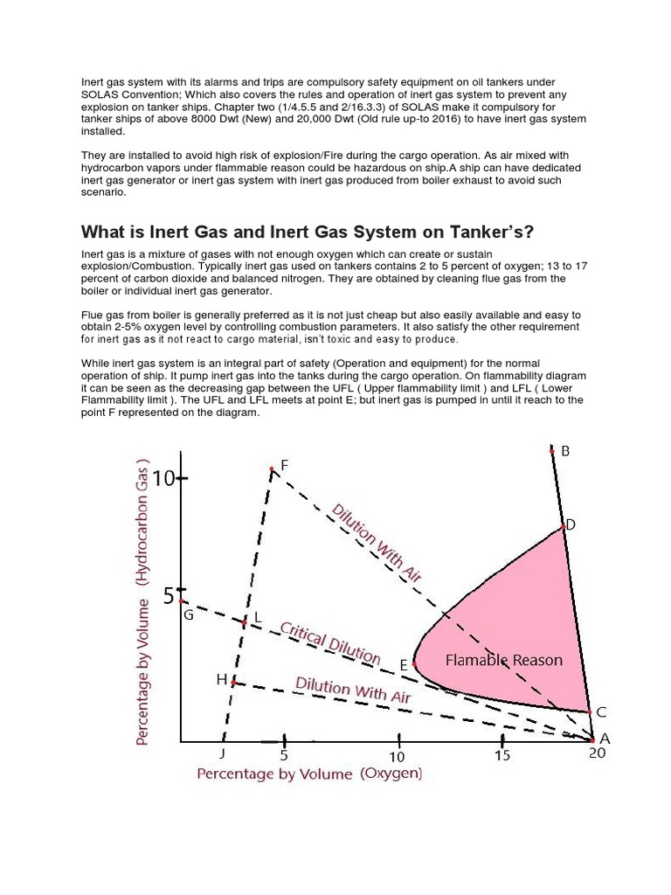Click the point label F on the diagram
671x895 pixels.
(284, 467)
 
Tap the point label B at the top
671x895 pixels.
(565, 451)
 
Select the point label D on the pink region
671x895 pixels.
(571, 524)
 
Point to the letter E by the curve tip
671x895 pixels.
(404, 665)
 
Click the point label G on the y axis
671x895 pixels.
(187, 614)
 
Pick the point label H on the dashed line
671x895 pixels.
(221, 679)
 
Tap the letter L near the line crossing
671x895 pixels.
(257, 618)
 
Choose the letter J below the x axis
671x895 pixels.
(222, 753)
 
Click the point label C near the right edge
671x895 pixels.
(601, 711)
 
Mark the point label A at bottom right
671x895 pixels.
(604, 739)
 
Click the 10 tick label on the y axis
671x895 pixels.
(165, 478)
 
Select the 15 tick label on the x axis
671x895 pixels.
(502, 755)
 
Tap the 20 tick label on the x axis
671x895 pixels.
(597, 754)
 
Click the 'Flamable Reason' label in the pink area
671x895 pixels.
(504, 660)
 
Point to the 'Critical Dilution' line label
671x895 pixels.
(329, 643)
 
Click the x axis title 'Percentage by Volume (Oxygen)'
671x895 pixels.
(309, 774)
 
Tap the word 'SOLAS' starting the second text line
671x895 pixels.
(100, 94)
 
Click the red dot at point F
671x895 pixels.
(273, 469)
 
